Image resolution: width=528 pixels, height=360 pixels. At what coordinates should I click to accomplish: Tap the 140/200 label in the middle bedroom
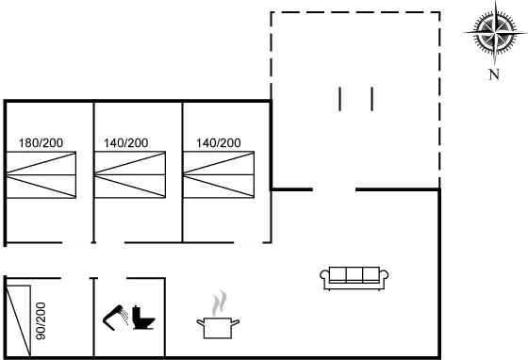point(127,143)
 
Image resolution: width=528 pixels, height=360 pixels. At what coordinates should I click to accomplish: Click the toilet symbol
point(131,317)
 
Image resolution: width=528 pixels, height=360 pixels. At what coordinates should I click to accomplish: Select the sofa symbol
point(355,278)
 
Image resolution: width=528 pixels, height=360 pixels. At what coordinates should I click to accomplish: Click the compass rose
point(493,34)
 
